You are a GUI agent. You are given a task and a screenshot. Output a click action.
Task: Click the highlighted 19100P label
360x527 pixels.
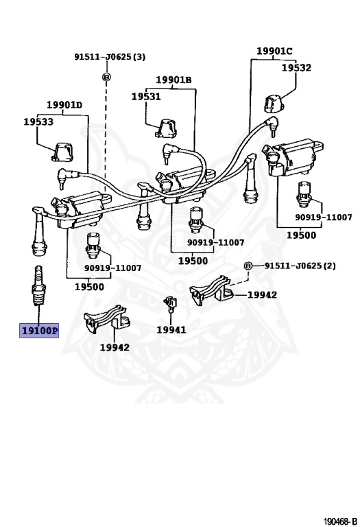click(x=39, y=331)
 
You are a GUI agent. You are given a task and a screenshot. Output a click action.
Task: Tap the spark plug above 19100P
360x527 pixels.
click(x=38, y=285)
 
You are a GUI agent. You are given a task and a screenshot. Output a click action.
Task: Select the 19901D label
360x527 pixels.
click(x=64, y=105)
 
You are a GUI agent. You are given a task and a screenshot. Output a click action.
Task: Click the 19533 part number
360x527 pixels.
click(x=38, y=121)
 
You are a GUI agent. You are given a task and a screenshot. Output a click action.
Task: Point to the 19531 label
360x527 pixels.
click(x=146, y=97)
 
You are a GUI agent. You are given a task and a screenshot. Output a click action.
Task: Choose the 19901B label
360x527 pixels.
click(x=173, y=80)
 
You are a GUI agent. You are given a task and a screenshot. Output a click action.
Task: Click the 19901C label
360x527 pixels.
click(x=274, y=51)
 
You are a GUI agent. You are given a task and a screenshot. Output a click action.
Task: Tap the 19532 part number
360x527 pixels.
click(x=296, y=67)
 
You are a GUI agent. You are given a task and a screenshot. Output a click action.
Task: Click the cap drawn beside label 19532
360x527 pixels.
click(x=274, y=104)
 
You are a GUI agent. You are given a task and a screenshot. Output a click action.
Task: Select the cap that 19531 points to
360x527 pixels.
click(x=166, y=128)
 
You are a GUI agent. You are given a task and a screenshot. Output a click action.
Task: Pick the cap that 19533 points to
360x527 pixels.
click(x=63, y=152)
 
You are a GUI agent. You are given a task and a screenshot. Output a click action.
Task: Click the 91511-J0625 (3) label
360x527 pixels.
click(x=110, y=57)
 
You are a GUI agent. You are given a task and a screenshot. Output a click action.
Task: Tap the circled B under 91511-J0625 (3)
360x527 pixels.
click(x=106, y=78)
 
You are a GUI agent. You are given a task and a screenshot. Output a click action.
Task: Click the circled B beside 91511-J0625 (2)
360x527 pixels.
click(x=248, y=266)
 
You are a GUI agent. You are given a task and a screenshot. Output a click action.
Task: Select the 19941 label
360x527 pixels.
click(x=171, y=329)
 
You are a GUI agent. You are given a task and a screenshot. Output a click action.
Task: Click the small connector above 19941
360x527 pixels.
click(x=171, y=303)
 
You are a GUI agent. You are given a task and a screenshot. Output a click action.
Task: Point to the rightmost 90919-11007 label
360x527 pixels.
click(x=324, y=217)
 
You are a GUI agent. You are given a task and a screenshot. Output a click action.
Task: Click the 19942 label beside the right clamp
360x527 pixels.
click(x=262, y=295)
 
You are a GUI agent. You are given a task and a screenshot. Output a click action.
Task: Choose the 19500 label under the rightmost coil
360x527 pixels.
click(x=301, y=235)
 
